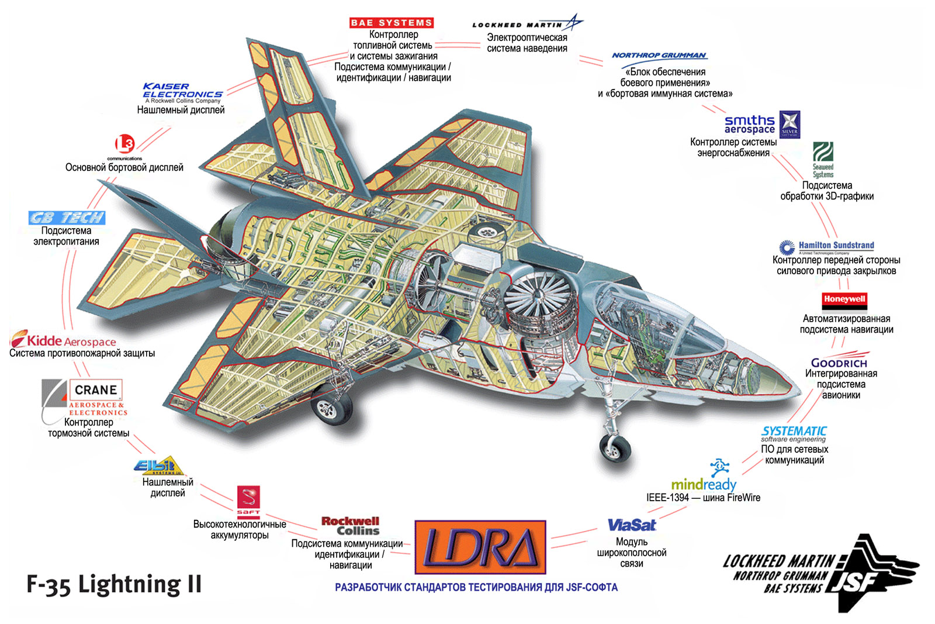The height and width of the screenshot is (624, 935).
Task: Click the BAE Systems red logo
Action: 392,23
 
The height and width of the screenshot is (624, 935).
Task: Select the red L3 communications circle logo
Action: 124,144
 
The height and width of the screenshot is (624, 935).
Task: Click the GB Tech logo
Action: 67,218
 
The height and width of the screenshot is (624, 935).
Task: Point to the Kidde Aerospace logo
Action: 63,340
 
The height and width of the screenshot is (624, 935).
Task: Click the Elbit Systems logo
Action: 158,466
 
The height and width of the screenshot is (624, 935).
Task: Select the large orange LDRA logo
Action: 480,547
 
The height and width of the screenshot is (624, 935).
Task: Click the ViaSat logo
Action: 632,525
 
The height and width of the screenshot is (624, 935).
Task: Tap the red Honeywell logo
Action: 844,300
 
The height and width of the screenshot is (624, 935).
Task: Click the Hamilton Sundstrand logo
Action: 826,247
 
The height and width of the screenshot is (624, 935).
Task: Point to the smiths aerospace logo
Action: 750,124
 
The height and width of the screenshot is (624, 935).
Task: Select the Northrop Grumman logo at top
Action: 659,56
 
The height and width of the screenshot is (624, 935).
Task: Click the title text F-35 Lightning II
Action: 114,585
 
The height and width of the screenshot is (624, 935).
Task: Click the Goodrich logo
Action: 839,362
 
